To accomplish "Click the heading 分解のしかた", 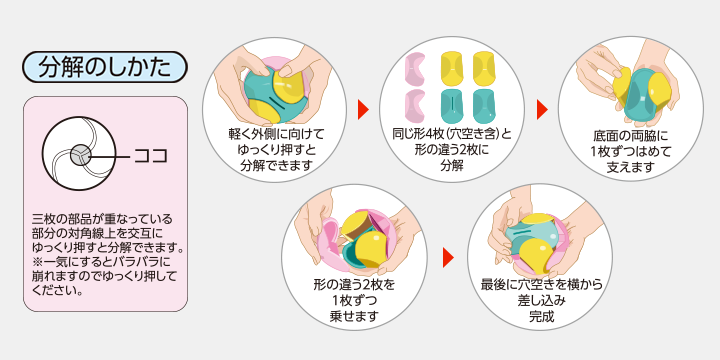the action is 105,67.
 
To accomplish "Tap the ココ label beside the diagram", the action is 150,156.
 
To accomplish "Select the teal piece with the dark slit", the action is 452,104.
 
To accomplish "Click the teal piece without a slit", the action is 484,104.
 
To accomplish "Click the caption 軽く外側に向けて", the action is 275,132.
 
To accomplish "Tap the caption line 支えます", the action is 630,166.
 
